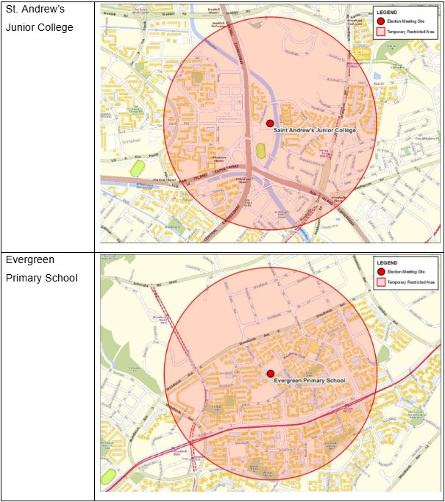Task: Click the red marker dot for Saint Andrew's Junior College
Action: click(x=270, y=123)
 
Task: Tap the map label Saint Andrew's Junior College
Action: click(x=314, y=130)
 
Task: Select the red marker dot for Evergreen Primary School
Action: click(x=270, y=374)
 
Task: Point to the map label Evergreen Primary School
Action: click(x=309, y=381)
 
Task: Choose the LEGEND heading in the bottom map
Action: click(x=387, y=262)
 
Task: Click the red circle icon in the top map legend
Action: click(x=380, y=22)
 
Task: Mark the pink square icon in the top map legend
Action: click(x=380, y=32)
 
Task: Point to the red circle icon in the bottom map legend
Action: click(x=380, y=272)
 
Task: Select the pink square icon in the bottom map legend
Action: click(x=380, y=282)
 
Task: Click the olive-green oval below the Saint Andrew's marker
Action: click(x=260, y=150)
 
